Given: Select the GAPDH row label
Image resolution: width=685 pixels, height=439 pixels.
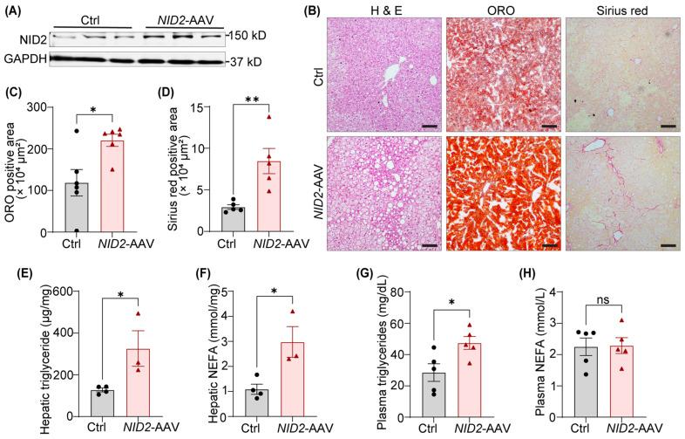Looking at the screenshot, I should pos(25,59).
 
